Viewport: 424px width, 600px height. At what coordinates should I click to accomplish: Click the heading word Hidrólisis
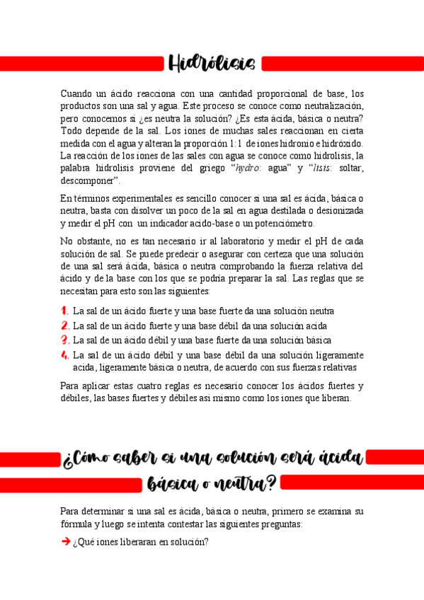coord(212,64)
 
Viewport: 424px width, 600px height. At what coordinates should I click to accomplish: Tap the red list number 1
coord(64,311)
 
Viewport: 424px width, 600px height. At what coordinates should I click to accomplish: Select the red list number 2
coord(64,325)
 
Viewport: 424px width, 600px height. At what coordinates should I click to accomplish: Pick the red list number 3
coord(64,340)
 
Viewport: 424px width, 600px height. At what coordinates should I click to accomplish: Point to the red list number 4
coord(64,354)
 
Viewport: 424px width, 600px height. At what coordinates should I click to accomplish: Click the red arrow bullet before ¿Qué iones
coord(65,542)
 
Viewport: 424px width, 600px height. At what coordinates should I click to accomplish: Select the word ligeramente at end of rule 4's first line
coord(336,354)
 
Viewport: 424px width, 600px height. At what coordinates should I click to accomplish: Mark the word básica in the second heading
coord(173,485)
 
